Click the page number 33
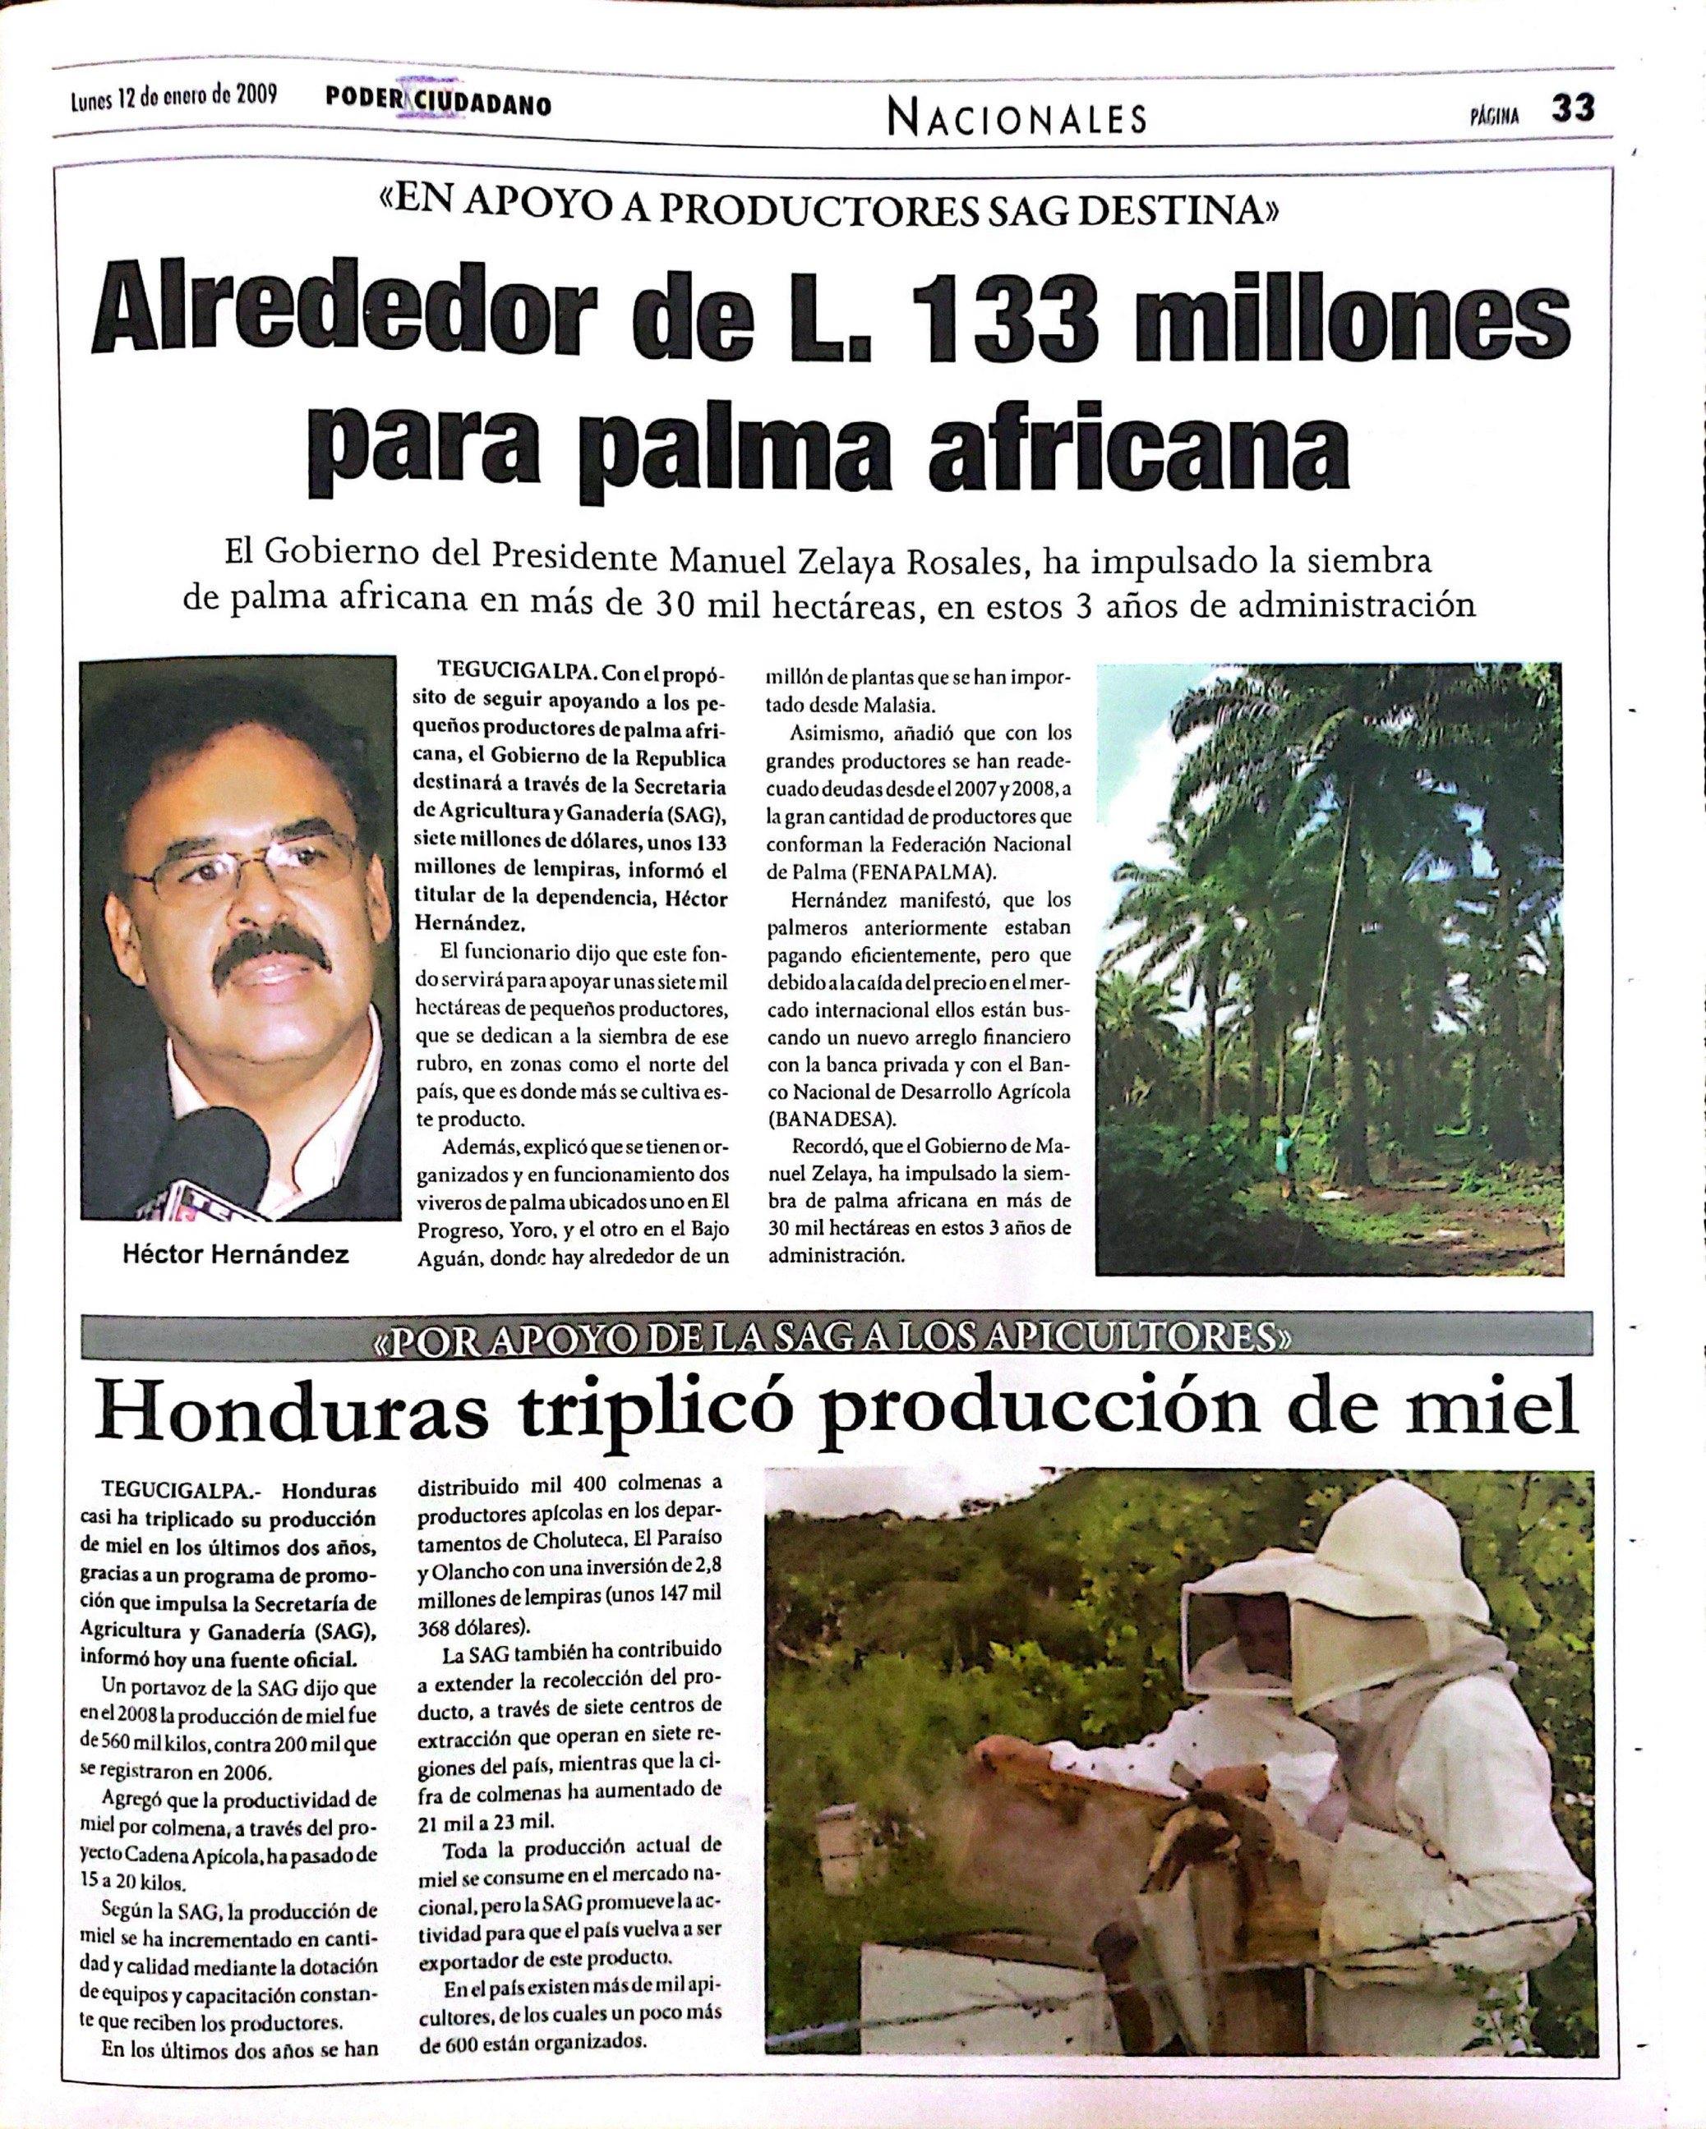click(x=1573, y=108)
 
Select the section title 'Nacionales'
click(x=1017, y=119)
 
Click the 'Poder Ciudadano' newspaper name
click(x=438, y=103)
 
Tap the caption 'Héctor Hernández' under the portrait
click(x=235, y=1256)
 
